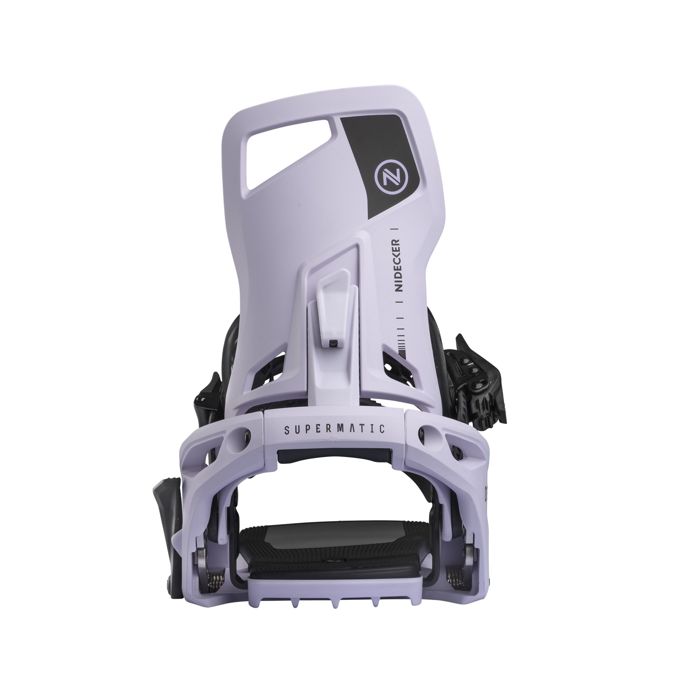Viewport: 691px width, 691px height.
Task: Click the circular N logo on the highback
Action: tap(387, 176)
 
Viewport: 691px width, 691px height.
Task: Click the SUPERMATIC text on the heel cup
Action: tap(334, 429)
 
